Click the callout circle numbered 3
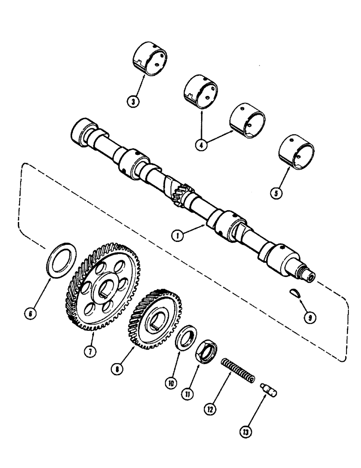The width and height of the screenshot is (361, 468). pyautogui.click(x=134, y=102)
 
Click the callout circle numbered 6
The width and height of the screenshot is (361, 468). pyautogui.click(x=31, y=315)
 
